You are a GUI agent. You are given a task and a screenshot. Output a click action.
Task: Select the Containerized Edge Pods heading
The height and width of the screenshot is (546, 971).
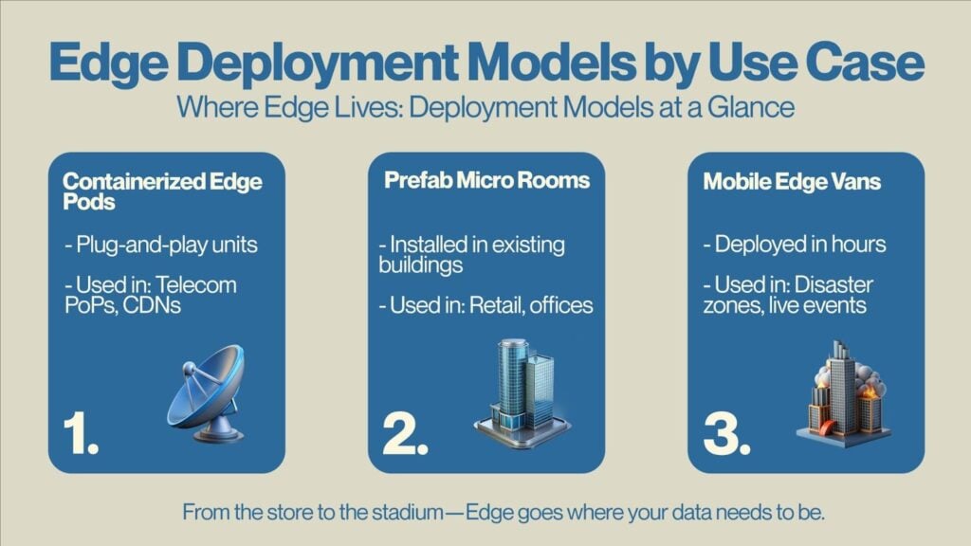point(162,191)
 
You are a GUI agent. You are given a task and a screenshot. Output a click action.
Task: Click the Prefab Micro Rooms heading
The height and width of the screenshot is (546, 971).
point(486,180)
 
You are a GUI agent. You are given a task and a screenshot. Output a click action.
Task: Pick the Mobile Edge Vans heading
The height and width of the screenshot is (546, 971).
point(792,181)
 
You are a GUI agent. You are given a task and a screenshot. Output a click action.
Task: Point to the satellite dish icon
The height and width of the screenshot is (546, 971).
point(207,393)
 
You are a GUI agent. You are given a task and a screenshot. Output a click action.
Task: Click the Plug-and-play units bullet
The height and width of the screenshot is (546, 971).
point(161,246)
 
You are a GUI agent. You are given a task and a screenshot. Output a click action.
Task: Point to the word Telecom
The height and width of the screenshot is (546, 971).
point(195,284)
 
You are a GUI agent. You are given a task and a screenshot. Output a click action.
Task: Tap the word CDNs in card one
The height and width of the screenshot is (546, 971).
point(152,305)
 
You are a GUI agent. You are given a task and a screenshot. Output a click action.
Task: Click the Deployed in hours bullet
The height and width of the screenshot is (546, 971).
point(795,244)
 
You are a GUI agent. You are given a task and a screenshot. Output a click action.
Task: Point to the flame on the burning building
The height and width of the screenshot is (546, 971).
point(870,391)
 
